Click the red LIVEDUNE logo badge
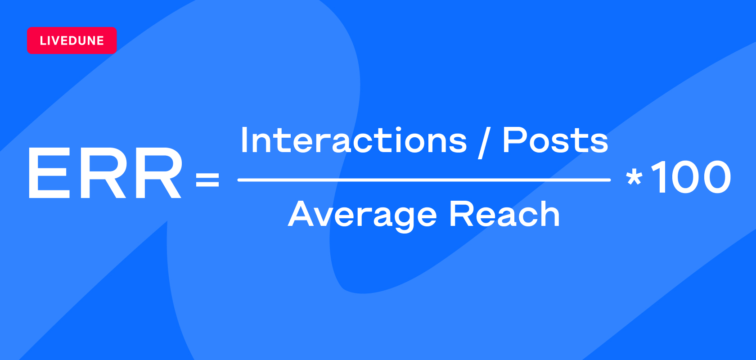tap(72, 40)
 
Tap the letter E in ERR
tap(49, 173)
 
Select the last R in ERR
tap(158, 173)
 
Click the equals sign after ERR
tap(207, 179)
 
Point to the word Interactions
tap(354, 140)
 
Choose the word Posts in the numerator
tap(555, 140)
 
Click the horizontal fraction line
tap(424, 180)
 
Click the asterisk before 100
tap(634, 177)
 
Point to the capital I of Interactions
tap(244, 140)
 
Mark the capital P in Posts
tap(514, 140)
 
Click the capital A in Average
tap(301, 214)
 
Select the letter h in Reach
tap(549, 214)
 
